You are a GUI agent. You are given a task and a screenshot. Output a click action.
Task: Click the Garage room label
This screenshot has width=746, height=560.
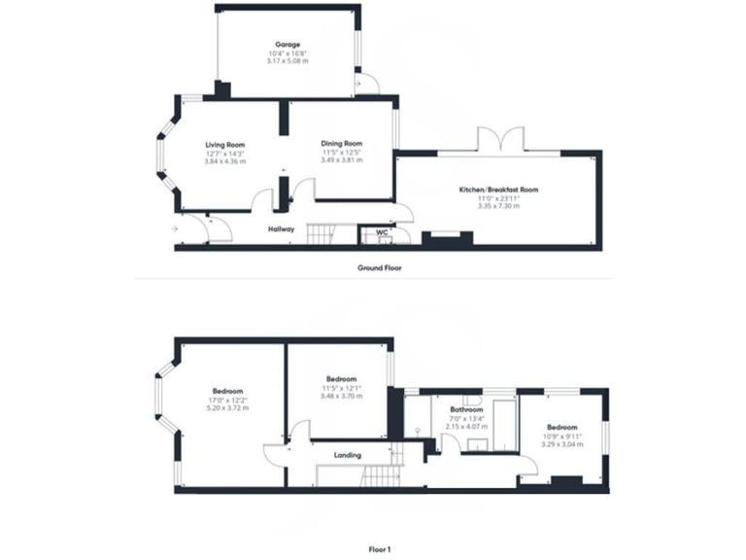287,44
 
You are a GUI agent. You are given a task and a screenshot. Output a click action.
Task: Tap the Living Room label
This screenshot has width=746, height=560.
224,144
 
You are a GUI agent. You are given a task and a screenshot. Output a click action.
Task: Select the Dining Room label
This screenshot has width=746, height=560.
342,143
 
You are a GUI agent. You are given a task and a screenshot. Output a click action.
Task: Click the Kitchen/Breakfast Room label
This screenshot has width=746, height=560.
498,190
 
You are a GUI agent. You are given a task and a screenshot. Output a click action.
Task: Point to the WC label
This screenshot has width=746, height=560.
382,232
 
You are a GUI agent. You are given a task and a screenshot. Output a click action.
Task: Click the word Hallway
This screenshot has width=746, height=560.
281,229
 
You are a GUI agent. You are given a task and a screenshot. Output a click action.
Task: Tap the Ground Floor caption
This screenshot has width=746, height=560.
379,266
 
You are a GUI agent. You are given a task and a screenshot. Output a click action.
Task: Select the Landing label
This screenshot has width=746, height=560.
347,455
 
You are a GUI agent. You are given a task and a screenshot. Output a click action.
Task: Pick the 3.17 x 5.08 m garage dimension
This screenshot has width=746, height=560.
287,60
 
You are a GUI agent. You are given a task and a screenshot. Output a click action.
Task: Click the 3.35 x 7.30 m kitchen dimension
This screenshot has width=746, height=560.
498,206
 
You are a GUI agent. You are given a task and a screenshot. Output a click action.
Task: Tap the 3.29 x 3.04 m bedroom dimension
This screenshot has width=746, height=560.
561,444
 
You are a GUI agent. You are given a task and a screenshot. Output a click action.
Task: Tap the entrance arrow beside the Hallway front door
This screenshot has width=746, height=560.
174,228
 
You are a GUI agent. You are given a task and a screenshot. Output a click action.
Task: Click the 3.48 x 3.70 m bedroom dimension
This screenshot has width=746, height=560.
342,396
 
